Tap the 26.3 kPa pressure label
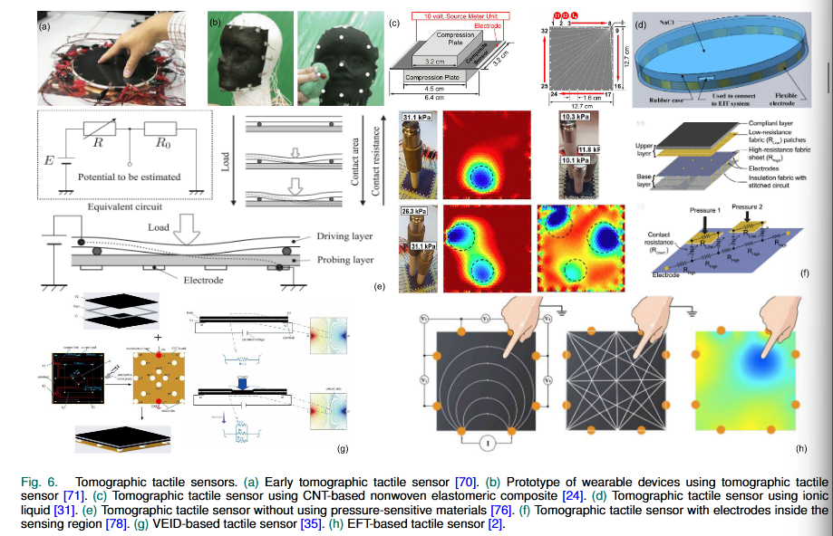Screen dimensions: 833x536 click(x=416, y=215)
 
